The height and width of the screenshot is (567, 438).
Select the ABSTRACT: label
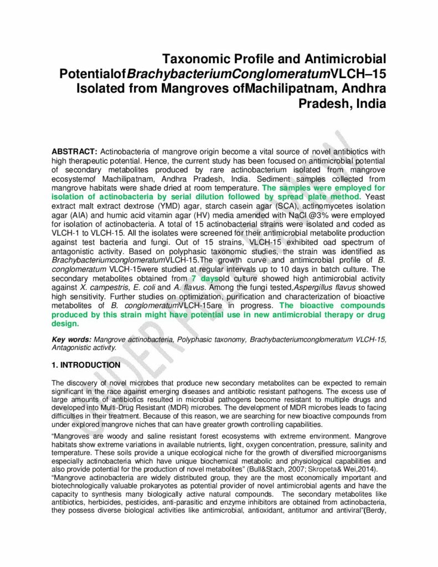click(74, 152)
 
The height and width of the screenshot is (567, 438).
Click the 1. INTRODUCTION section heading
click(86, 365)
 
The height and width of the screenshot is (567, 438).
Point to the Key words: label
click(71, 339)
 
